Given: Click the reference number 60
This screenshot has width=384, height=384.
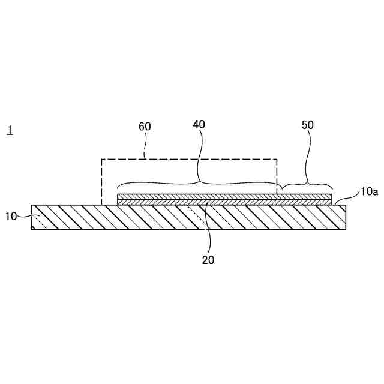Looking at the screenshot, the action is pos(145,127).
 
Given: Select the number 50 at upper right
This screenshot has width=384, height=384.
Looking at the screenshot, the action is pos(307,125).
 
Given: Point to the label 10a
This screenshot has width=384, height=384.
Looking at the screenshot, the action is pos(368,192).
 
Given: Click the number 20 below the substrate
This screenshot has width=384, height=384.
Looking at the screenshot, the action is pos(208,260).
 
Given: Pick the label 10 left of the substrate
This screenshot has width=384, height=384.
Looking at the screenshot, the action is pos(12,215).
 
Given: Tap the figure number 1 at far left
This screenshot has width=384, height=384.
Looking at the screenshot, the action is pos(10,130).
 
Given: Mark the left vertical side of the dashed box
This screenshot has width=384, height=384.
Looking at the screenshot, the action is pos(101,180).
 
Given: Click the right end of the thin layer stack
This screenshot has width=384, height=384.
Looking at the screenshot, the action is pos(330,199).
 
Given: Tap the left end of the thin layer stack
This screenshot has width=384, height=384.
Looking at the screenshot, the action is pos(119,199).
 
